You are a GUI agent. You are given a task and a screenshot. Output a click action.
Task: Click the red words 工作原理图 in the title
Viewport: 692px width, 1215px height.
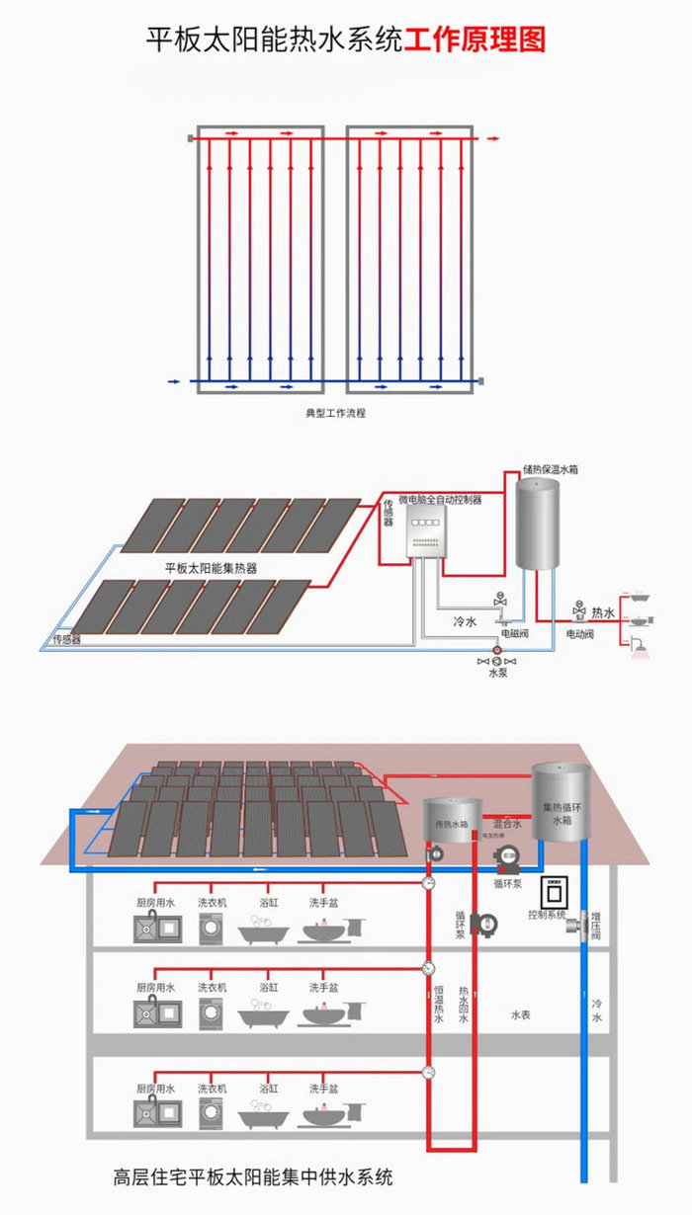coord(475,40)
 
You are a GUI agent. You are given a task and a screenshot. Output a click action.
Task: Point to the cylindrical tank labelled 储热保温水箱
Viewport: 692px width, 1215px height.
coord(538,524)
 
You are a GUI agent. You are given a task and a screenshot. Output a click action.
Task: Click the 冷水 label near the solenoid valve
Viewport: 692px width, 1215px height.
coord(465,622)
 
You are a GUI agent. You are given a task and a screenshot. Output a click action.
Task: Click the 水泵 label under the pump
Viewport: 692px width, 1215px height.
coord(498,673)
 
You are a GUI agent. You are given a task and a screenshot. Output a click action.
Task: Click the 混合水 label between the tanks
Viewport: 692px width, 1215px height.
coord(507,822)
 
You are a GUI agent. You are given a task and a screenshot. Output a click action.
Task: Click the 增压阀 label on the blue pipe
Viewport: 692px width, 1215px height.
coord(596,930)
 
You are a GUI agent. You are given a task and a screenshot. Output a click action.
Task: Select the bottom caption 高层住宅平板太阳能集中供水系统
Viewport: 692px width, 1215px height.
coord(253,1177)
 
